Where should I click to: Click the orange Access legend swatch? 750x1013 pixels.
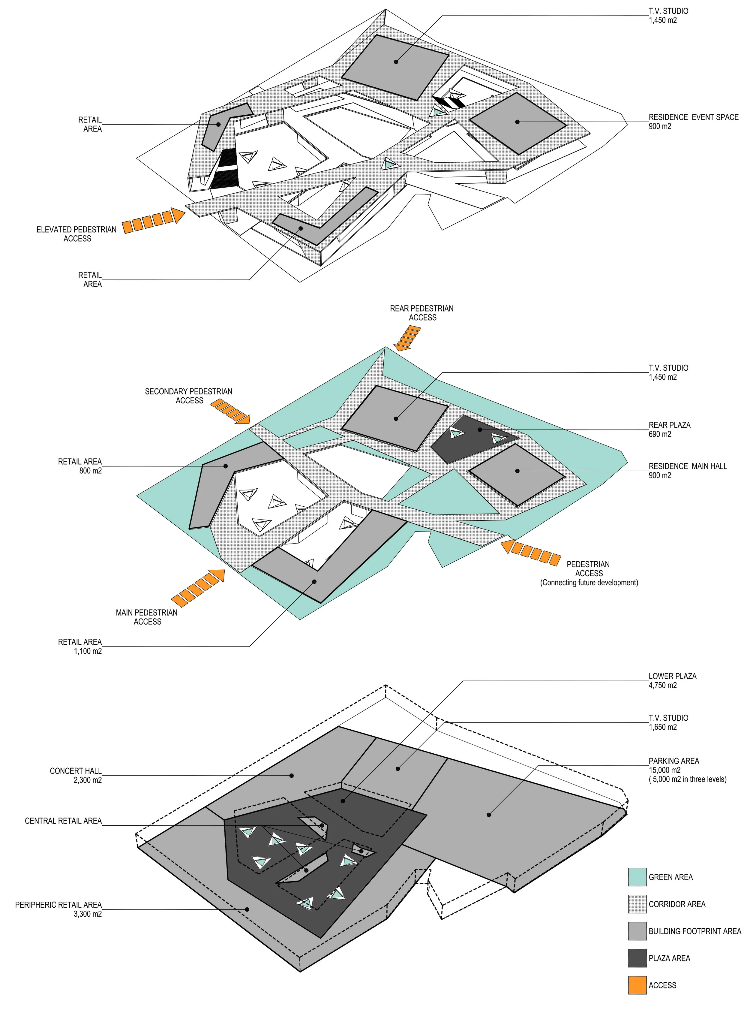coord(637,985)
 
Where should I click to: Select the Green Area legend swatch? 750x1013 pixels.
coord(637,877)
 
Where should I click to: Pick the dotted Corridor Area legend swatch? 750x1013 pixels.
coord(637,904)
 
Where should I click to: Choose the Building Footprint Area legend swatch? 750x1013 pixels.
coord(637,931)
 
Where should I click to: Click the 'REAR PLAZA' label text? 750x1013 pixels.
coord(669,425)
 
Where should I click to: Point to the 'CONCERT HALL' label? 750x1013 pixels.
coord(76,771)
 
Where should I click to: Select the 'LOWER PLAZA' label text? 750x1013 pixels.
coord(672,676)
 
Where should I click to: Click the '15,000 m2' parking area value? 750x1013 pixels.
coord(664,770)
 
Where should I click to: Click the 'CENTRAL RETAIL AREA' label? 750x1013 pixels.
coord(63,821)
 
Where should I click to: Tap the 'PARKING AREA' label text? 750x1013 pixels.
coord(673,761)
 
